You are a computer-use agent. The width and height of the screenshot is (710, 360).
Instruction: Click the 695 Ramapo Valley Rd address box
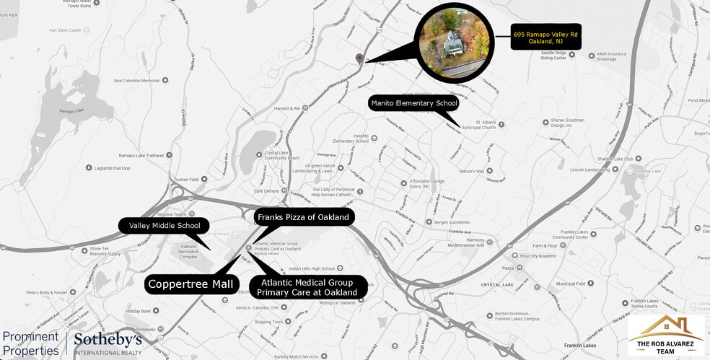pos(545,38)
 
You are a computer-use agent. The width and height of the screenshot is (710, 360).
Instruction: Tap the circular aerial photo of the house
pos(454,40)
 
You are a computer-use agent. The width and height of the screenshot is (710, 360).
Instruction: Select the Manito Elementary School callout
pos(414,104)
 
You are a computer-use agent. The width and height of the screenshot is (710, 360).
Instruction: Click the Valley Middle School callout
pos(165,226)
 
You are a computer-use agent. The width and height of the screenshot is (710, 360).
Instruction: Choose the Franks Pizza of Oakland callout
pos(303,217)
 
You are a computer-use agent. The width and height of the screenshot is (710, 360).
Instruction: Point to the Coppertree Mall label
pos(192,284)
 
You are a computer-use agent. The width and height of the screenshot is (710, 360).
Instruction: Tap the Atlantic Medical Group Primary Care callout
pos(308,287)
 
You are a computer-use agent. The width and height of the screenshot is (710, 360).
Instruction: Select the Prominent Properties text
pos(30,343)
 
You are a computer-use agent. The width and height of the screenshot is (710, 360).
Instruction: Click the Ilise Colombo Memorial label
pos(136,81)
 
